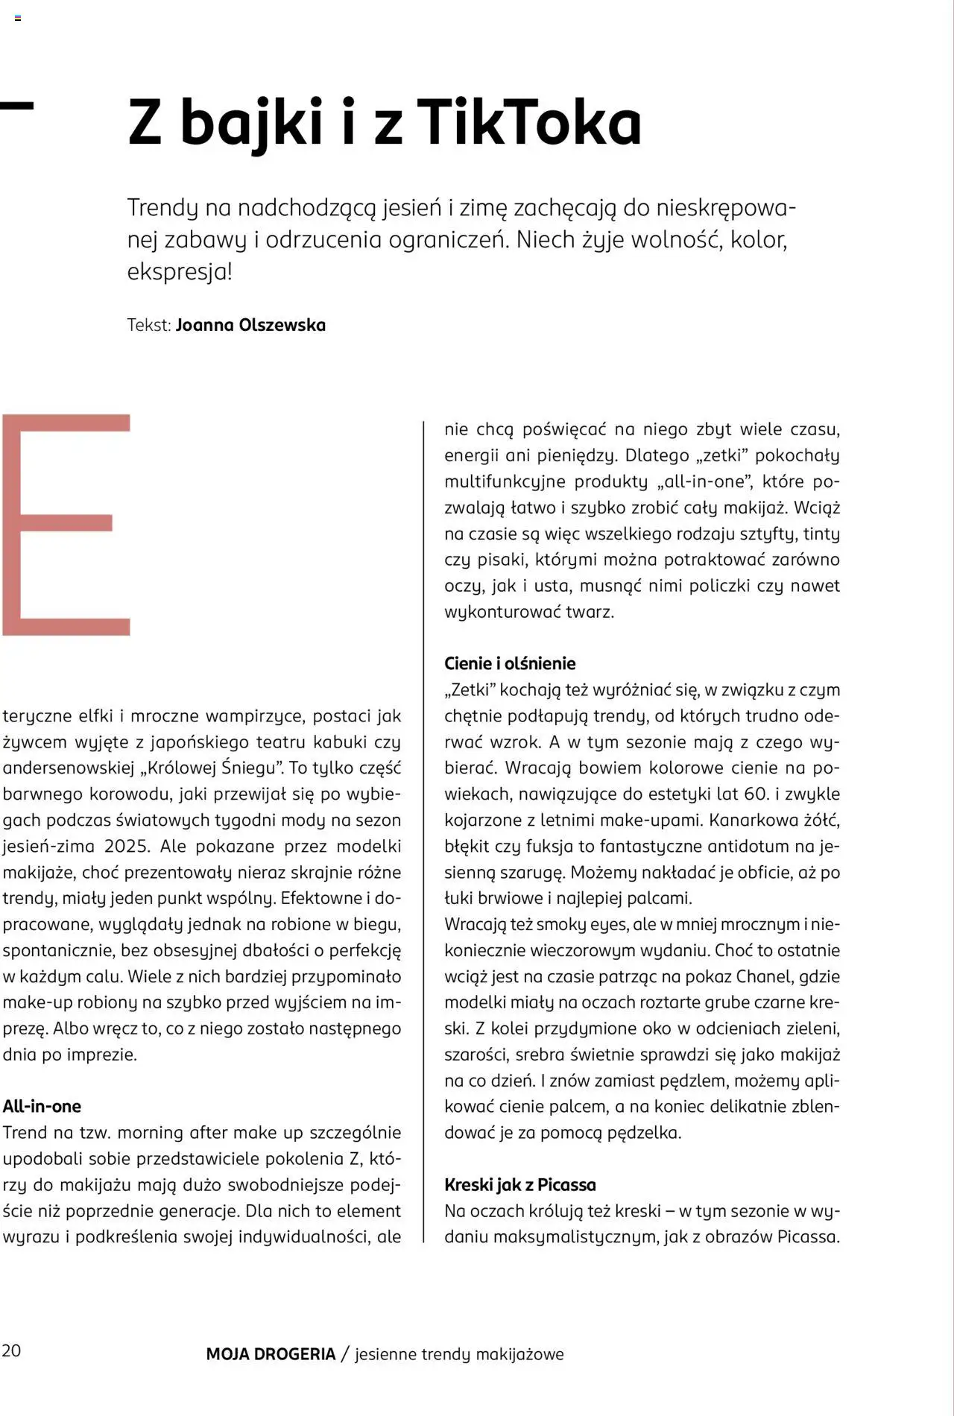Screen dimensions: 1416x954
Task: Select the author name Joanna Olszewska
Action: click(x=250, y=325)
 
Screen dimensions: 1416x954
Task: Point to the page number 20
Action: click(x=11, y=1350)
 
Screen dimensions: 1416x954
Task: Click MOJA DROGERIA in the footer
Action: click(x=271, y=1354)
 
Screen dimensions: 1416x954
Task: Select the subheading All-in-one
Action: click(x=42, y=1106)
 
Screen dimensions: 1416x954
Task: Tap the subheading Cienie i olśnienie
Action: click(x=510, y=663)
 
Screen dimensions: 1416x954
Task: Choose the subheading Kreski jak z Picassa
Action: click(x=520, y=1184)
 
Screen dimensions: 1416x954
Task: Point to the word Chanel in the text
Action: click(x=768, y=976)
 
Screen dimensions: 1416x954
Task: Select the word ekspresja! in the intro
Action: click(x=180, y=271)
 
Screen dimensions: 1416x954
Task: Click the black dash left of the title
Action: click(x=16, y=105)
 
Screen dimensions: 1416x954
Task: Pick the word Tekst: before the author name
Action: click(x=149, y=325)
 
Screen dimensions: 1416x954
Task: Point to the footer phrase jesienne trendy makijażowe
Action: click(x=459, y=1354)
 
